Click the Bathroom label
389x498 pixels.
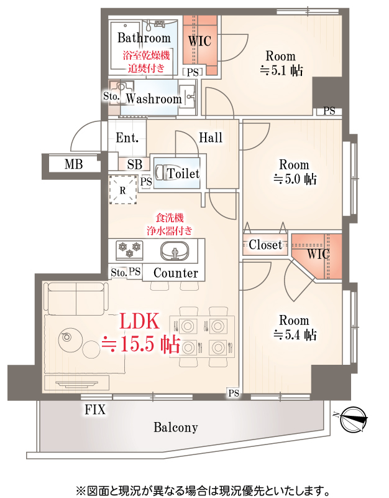144,38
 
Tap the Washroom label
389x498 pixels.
153,98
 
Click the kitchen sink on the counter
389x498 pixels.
176,251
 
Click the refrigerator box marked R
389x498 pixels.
122,190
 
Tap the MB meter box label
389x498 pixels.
73,164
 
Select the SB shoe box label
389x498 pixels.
134,165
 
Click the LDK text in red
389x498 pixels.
140,322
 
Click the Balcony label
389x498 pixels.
175,428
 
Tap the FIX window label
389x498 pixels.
95,410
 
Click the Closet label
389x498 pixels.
265,245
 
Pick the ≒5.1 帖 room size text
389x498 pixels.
281,70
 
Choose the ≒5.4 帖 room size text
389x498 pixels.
295,336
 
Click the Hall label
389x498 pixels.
211,138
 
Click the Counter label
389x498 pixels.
175,273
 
